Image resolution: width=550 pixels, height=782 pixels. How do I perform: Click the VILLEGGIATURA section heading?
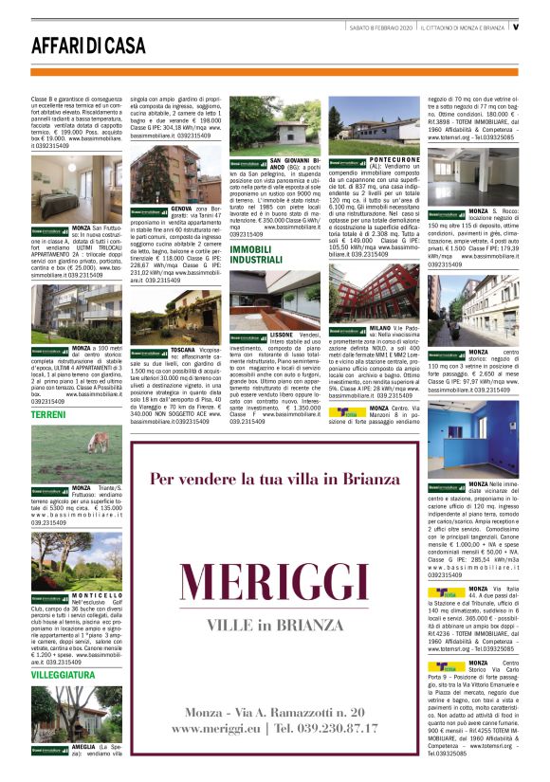pyautogui.click(x=63, y=675)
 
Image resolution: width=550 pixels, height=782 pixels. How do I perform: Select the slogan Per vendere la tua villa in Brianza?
pyautogui.click(x=275, y=480)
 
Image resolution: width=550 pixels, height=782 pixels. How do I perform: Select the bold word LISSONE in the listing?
pyautogui.click(x=282, y=335)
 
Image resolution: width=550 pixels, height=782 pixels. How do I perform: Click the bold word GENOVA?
pyautogui.click(x=182, y=207)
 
